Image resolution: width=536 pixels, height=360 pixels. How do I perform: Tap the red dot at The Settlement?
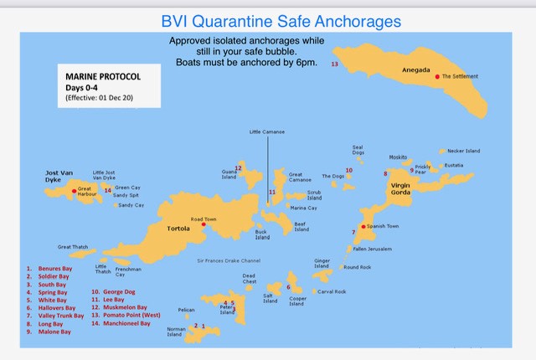click(x=436, y=76)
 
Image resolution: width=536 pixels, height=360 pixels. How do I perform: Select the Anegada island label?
click(x=415, y=69)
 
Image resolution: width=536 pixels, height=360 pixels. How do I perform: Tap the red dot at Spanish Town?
click(x=361, y=226)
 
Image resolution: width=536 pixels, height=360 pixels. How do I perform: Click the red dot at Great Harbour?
click(x=74, y=191)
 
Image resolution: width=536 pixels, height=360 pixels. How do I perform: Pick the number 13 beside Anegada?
click(x=334, y=64)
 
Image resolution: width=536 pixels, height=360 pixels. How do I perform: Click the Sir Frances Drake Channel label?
click(x=229, y=260)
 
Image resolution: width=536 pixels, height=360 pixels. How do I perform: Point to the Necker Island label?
click(x=463, y=151)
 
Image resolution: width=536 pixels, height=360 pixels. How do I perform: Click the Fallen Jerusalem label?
click(x=372, y=249)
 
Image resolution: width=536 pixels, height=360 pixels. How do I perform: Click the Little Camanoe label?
click(x=267, y=131)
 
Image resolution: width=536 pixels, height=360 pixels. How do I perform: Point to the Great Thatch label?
click(x=72, y=247)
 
